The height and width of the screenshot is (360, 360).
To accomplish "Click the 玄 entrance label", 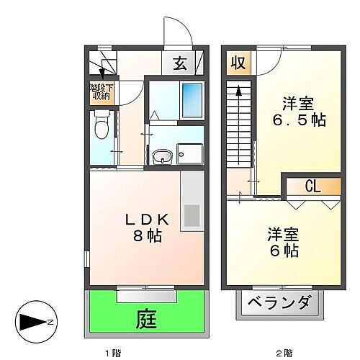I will (180, 63).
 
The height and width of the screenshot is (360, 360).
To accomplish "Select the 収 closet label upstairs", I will (237, 63).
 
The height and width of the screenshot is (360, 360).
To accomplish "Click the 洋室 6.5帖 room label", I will (301, 111).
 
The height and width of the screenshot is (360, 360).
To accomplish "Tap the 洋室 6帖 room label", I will (281, 243).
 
